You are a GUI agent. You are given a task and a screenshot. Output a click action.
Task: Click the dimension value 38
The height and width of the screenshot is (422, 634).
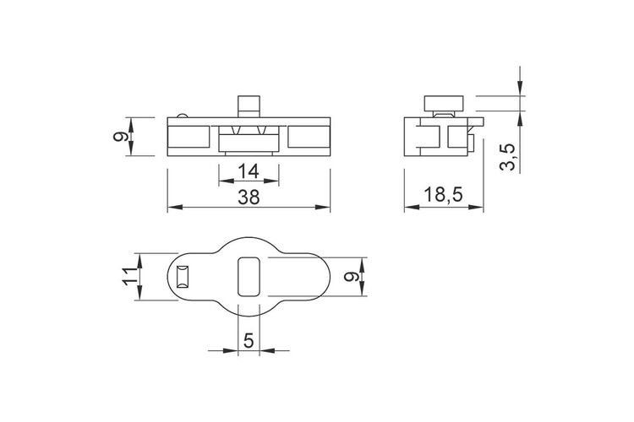[x=249, y=197]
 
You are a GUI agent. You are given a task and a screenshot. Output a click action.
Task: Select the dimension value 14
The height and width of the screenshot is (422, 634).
[x=249, y=172]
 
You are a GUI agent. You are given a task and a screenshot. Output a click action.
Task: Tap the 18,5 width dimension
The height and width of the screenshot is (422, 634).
[x=443, y=195]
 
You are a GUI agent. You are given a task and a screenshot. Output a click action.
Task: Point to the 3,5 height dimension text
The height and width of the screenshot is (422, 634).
[x=508, y=157]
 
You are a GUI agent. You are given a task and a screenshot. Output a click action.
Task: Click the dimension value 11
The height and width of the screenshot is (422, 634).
[x=130, y=276]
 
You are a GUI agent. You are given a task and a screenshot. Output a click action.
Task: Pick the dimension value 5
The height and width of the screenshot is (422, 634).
[x=249, y=341]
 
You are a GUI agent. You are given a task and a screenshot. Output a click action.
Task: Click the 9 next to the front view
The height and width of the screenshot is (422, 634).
[x=120, y=136]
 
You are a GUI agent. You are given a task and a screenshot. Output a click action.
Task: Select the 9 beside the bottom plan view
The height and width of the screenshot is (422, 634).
[x=351, y=277]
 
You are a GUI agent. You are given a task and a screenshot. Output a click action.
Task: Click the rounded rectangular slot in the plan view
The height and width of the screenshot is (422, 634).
[x=249, y=276]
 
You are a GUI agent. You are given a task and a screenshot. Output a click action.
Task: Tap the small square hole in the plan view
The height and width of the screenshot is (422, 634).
[x=182, y=277]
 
